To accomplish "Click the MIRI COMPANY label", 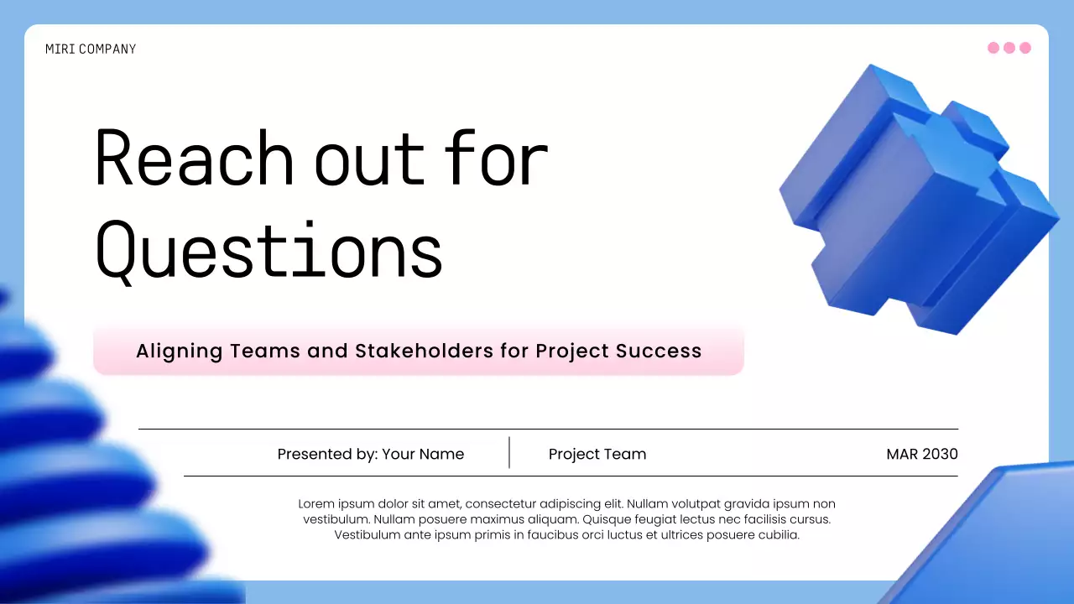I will click(x=91, y=49).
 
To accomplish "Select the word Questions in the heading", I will click(x=268, y=249).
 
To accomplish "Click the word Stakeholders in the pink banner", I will click(x=425, y=351).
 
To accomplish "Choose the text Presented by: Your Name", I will click(x=370, y=454).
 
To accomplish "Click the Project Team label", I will click(x=597, y=454).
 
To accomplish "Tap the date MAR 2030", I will click(x=922, y=454).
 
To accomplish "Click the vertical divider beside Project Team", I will click(x=509, y=452).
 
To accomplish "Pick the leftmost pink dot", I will click(x=993, y=48).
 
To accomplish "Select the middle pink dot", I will click(x=1009, y=48).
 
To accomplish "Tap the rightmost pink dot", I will click(x=1024, y=48).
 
